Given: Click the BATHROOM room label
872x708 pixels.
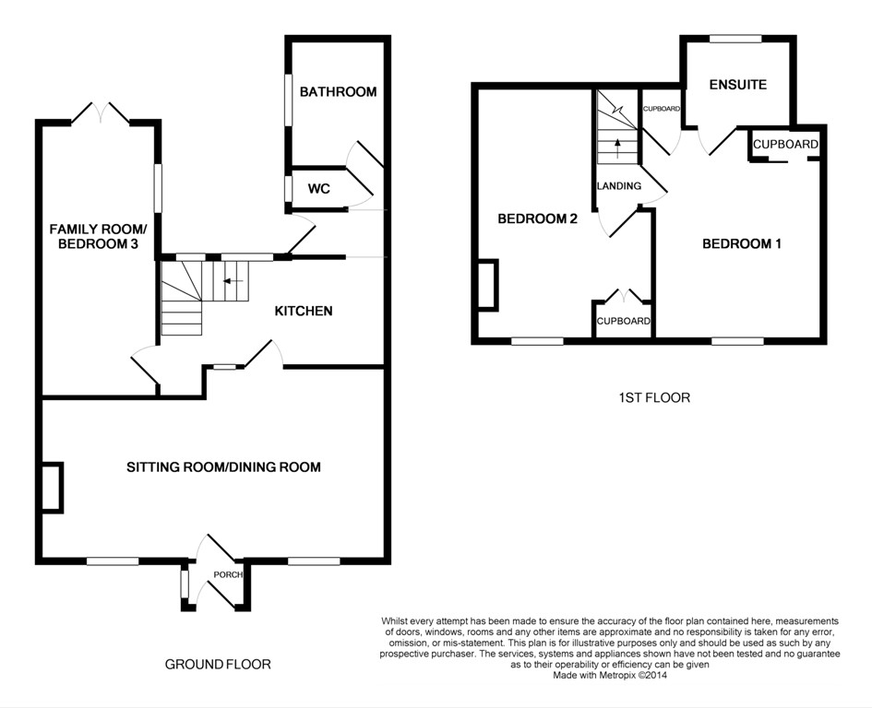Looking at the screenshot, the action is (338, 91).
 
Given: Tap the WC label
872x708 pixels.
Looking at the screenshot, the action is (319, 189).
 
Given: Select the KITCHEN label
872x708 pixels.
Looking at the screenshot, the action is (304, 312).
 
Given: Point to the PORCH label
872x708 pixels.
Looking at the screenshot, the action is (228, 574).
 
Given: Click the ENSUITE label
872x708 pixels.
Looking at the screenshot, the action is (738, 85).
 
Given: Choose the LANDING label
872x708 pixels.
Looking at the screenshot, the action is (619, 186).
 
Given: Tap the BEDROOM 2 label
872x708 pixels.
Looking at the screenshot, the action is (537, 219).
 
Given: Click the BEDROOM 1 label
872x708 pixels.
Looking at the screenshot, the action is (742, 243).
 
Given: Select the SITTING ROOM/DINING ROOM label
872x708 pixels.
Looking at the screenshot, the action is (223, 466).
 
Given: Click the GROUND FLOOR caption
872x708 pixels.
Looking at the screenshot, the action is (218, 664).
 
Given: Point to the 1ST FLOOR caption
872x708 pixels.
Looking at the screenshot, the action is (654, 398).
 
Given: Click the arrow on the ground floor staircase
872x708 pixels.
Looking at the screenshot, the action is (233, 281).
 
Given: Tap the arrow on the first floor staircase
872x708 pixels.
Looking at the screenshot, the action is (617, 146).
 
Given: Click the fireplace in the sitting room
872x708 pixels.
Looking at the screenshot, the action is (53, 487).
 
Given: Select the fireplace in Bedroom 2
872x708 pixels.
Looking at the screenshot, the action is (488, 283).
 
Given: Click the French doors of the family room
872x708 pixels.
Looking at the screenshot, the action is (102, 112).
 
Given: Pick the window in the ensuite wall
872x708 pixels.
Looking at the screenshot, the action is (736, 39).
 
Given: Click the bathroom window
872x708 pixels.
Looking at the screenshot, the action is (289, 100).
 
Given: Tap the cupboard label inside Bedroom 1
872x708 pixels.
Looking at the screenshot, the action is (785, 145).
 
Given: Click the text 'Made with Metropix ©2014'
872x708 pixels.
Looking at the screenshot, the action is (610, 676).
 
